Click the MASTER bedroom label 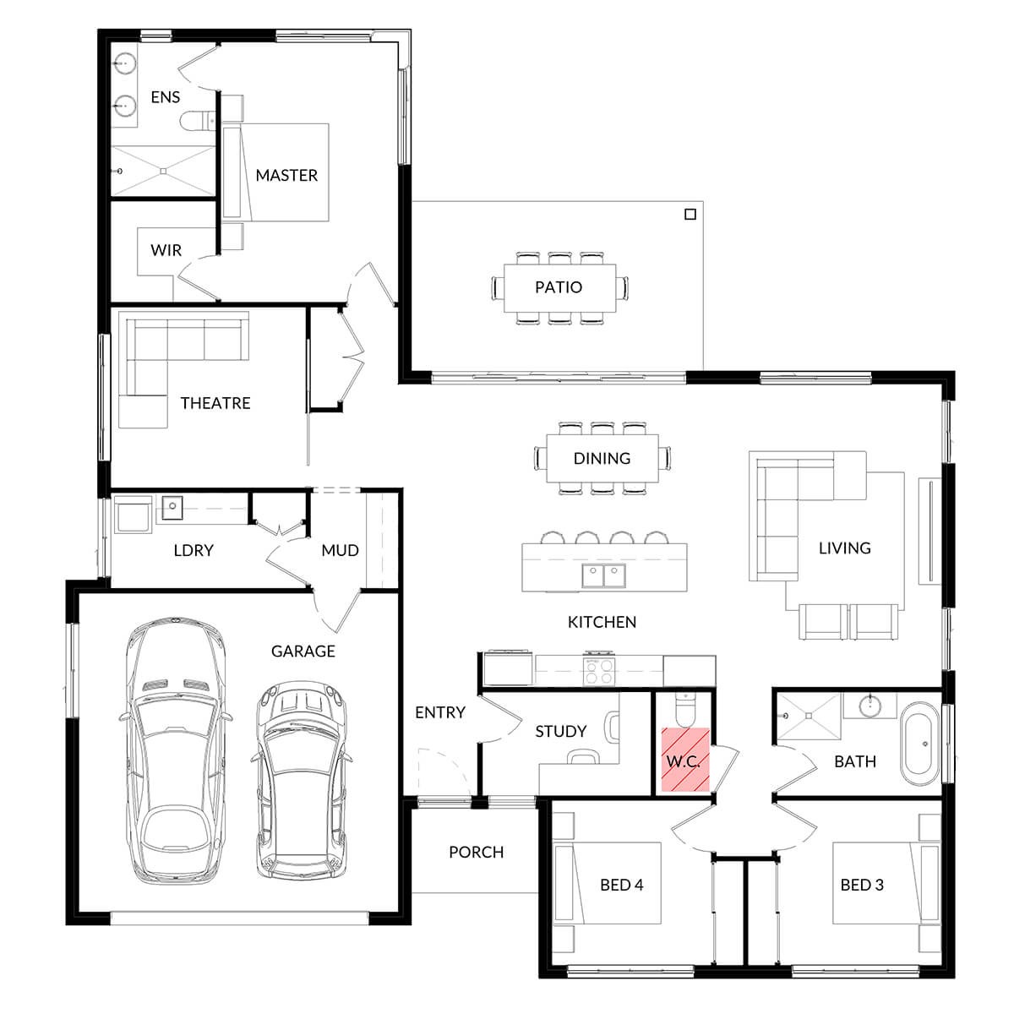tap(286, 175)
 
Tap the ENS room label tap(166, 97)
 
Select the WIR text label tap(166, 250)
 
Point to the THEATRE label tap(215, 403)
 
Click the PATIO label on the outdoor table tap(559, 287)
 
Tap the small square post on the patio tap(690, 214)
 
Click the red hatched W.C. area tap(685, 760)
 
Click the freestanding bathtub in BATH tap(919, 744)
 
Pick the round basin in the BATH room tap(870, 706)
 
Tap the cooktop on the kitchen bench tap(599, 672)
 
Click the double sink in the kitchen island tap(603, 575)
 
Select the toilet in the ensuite tap(198, 121)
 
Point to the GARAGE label tap(303, 651)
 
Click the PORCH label tap(477, 852)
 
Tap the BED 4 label tap(621, 885)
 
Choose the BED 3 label tap(862, 885)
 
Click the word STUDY tap(561, 731)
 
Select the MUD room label tap(340, 550)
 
